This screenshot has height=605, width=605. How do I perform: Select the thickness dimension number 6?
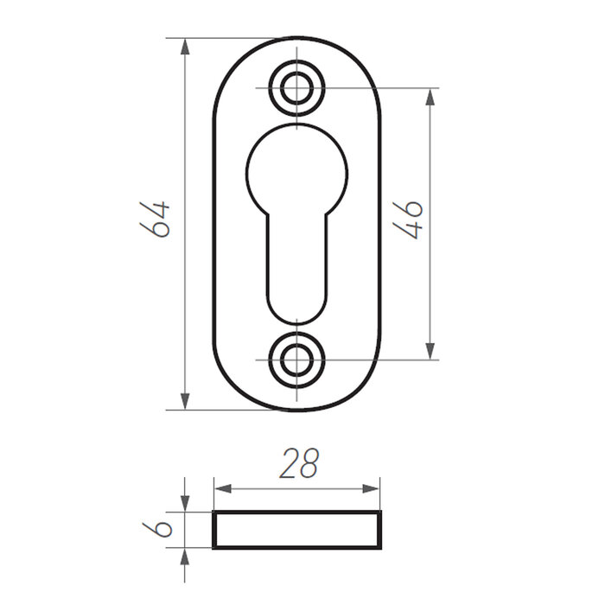156,529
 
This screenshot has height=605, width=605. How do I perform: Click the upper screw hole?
296,88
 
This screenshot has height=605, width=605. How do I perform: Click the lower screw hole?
296,359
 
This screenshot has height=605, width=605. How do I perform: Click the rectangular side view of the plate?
296,530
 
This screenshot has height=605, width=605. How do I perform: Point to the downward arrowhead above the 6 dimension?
185,503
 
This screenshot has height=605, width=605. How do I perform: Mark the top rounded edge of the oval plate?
296,39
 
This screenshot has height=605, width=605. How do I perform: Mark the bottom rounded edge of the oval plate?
296,409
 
